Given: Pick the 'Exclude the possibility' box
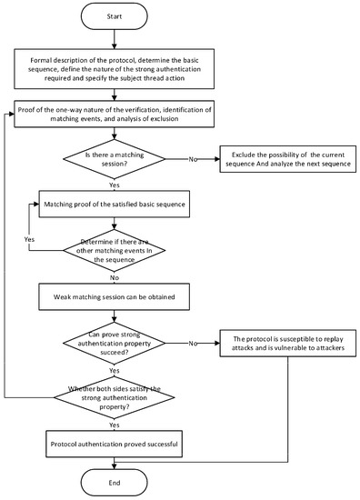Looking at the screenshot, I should coord(287,162).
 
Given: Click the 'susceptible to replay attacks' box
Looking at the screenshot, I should coord(287,344).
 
